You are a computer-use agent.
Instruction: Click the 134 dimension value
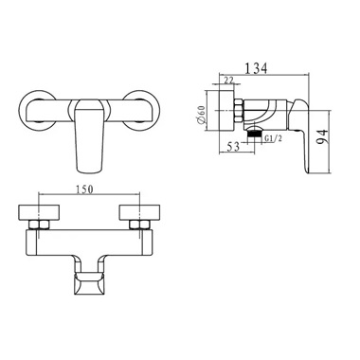click(256, 68)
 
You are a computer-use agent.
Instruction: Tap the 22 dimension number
click(228, 81)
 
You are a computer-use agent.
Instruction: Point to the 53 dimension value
click(233, 147)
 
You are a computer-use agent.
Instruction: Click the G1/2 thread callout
click(273, 138)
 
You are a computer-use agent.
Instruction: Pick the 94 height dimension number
click(323, 136)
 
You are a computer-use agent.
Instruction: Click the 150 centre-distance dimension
click(83, 189)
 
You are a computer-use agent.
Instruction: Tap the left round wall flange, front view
click(36, 110)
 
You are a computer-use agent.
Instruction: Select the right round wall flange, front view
click(141, 110)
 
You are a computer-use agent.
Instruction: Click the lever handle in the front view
click(90, 135)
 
